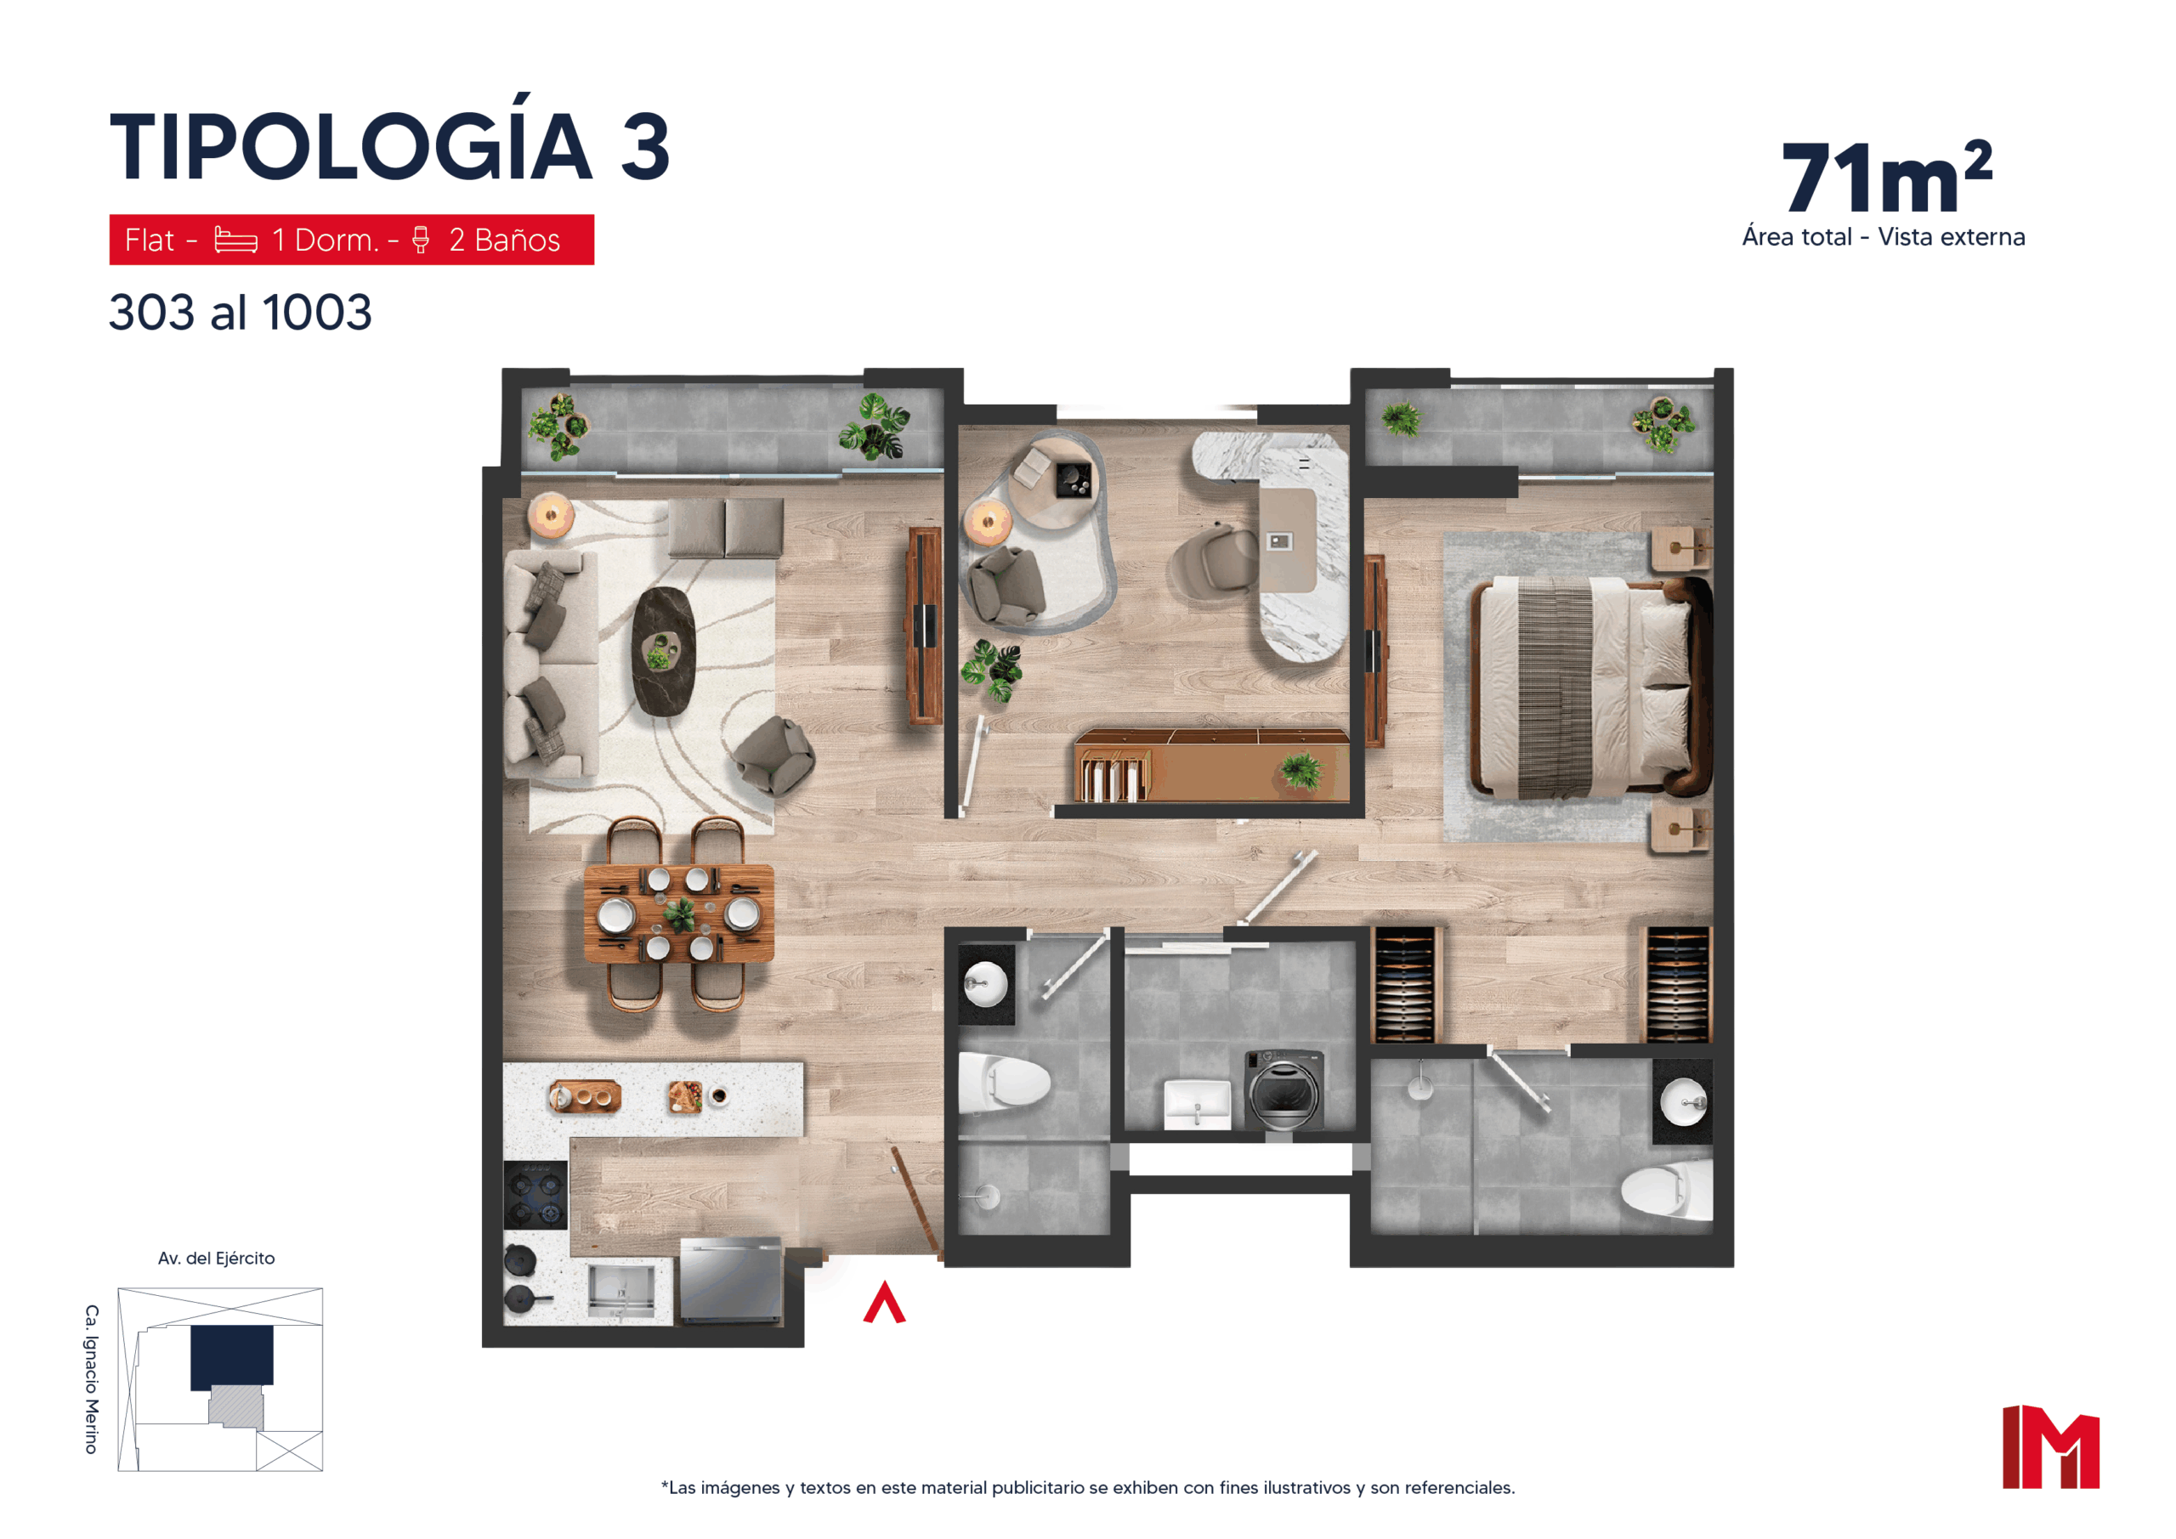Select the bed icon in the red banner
tap(236, 240)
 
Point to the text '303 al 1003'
tap(241, 312)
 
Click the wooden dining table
tap(678, 913)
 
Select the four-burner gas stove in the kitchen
tap(535, 1195)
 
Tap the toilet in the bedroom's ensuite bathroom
tap(1666, 1190)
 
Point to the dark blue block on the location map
tap(232, 1357)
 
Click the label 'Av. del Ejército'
tap(216, 1259)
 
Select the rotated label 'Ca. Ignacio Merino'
tap(92, 1379)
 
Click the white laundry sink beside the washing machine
tap(1197, 1105)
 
